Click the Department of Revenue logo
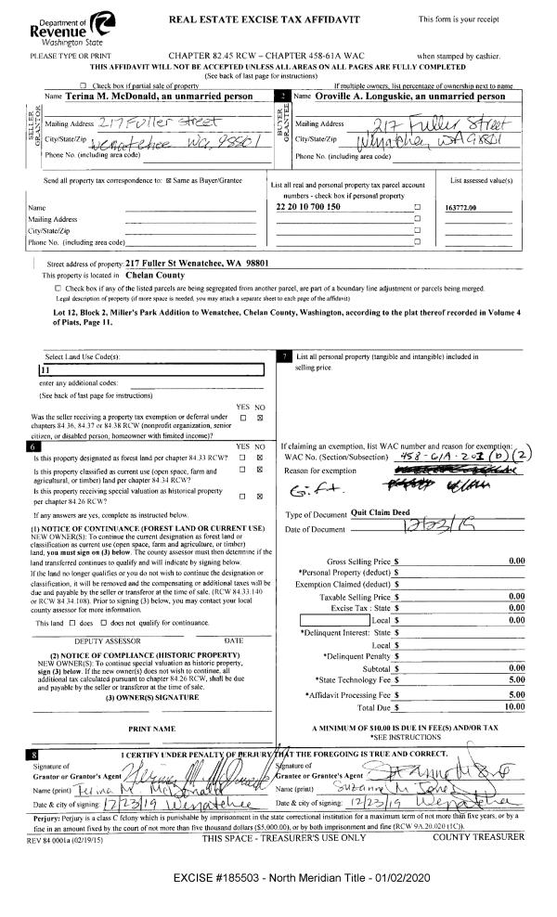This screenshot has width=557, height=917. coord(59,24)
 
